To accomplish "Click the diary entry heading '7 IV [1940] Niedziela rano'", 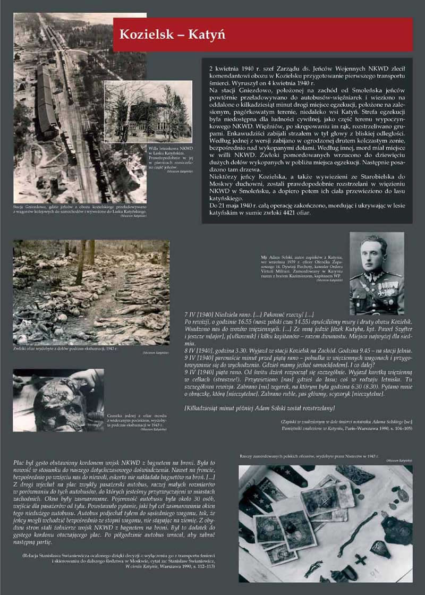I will click(x=228, y=315).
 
